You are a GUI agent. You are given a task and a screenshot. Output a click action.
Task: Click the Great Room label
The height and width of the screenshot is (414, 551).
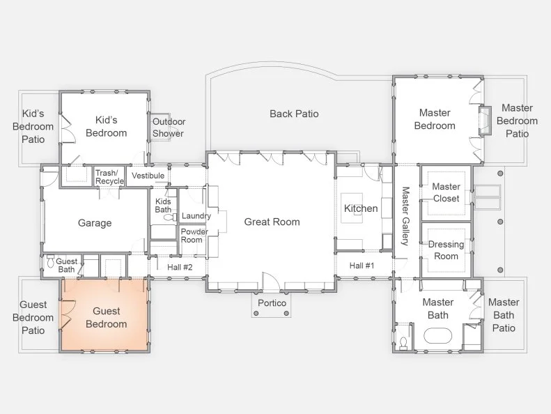point(272,222)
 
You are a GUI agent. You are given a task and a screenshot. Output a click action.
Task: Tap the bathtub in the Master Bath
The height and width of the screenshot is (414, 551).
point(437,336)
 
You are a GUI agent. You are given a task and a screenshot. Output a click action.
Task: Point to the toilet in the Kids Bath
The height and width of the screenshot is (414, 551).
point(170,217)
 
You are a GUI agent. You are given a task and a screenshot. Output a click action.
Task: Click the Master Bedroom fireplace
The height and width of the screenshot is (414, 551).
point(485,120)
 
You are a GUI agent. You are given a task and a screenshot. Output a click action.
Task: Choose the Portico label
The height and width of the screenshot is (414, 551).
point(272,303)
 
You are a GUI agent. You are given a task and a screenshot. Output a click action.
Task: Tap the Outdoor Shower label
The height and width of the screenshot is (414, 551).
point(169,128)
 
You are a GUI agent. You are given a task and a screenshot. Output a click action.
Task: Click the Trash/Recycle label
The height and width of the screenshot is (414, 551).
point(109,177)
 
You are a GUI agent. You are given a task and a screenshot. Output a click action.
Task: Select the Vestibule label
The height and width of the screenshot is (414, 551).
point(148,176)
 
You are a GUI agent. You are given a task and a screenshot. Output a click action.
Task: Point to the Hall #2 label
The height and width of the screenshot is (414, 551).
point(180,268)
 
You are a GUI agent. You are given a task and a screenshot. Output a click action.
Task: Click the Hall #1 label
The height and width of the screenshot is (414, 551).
point(362,266)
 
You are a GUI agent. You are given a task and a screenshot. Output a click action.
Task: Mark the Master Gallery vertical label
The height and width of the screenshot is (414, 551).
point(405,216)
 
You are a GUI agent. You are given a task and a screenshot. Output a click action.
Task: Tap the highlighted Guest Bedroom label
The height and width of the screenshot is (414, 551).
point(107,317)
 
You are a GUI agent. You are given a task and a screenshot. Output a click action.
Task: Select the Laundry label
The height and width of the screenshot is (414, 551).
point(196,215)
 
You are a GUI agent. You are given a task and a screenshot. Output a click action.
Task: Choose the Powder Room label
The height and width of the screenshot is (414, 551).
point(194,236)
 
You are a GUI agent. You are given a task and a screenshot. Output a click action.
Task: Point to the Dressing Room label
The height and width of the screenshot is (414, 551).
point(447,250)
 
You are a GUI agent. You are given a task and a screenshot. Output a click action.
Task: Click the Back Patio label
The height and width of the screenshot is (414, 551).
point(294,114)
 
